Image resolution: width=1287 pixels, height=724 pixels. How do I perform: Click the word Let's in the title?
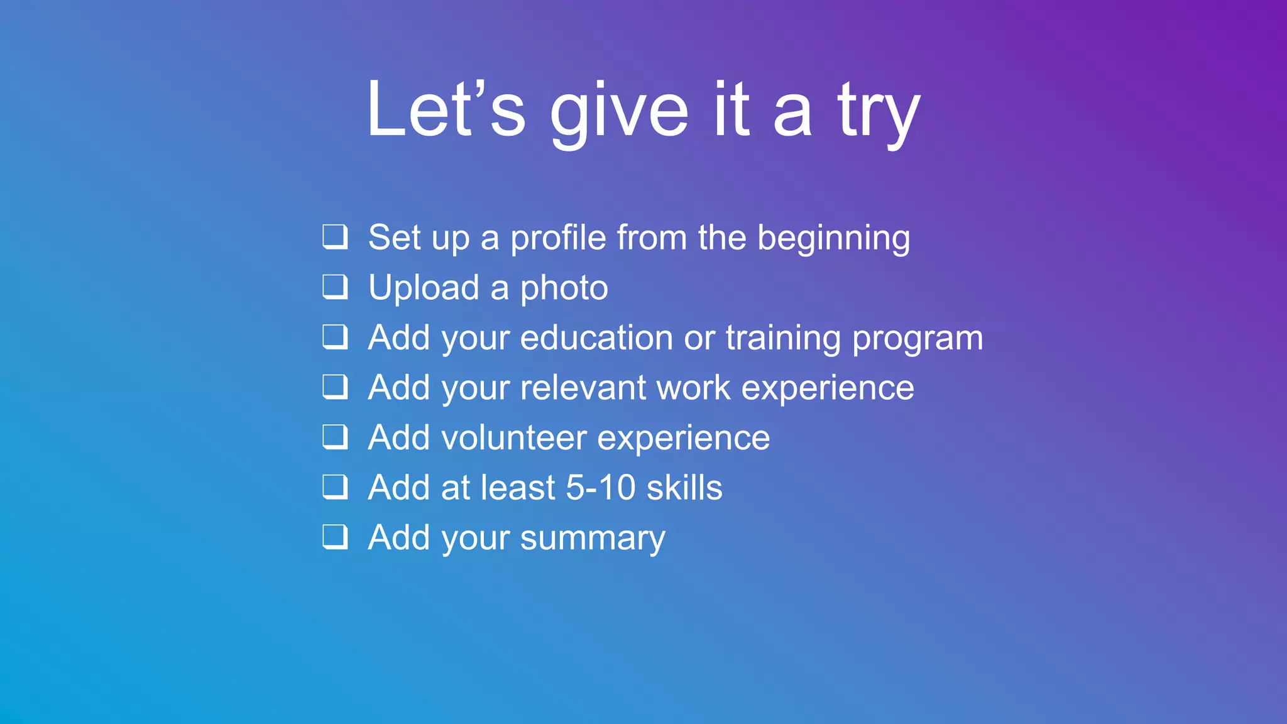click(446, 110)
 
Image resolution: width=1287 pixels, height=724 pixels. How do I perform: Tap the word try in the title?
click(879, 113)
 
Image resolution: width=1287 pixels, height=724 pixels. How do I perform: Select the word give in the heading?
click(619, 113)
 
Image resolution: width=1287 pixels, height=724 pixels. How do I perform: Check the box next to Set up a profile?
click(335, 237)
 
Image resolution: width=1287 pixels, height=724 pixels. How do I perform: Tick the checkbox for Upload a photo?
click(335, 287)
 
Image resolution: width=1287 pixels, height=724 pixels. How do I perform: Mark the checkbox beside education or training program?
click(335, 337)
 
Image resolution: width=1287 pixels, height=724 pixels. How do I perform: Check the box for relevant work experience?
click(335, 387)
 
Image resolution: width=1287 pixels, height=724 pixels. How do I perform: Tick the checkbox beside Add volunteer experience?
click(335, 437)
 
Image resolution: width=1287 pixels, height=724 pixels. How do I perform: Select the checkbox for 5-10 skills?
click(335, 486)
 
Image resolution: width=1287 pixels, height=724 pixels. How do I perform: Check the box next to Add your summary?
click(335, 537)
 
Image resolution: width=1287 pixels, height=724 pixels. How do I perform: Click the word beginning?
click(833, 239)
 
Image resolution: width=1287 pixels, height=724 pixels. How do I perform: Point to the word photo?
click(564, 289)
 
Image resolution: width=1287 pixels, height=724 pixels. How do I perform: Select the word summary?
click(592, 539)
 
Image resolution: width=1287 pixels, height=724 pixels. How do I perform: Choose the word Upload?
click(424, 289)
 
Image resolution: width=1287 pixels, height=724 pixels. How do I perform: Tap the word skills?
click(684, 488)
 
